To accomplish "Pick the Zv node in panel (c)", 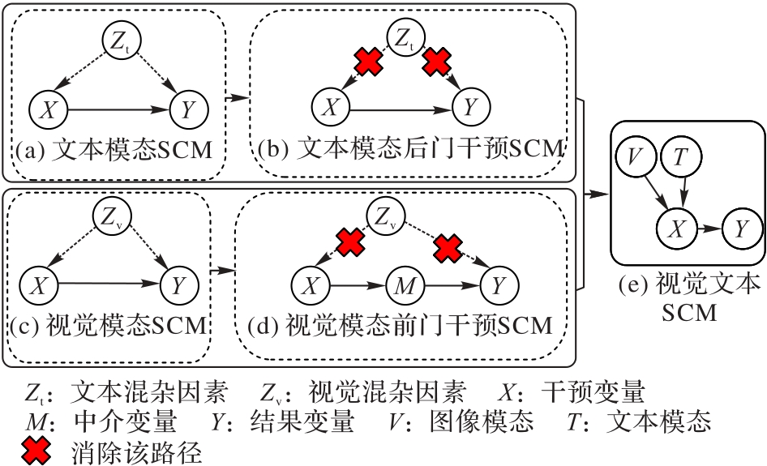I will click(x=111, y=217).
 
